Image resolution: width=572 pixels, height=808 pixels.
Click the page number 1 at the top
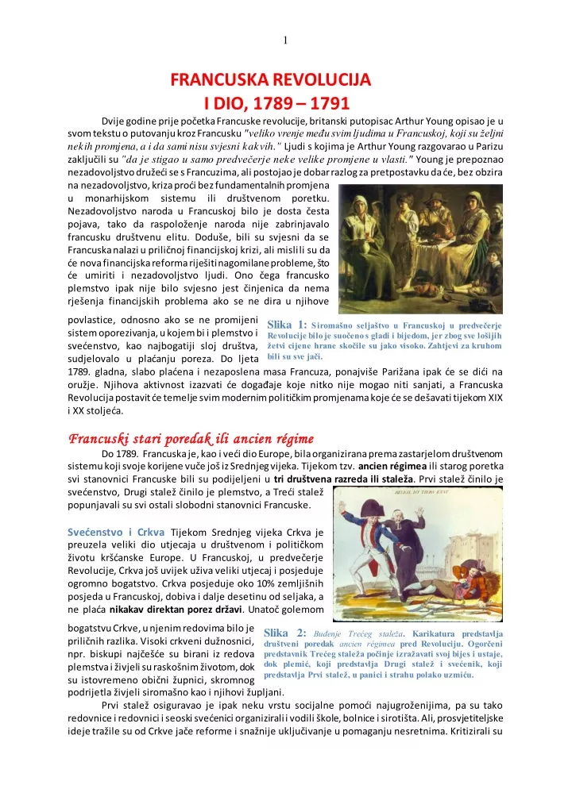pos(285,41)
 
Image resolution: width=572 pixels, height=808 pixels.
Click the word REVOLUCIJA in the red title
pos(316,80)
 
